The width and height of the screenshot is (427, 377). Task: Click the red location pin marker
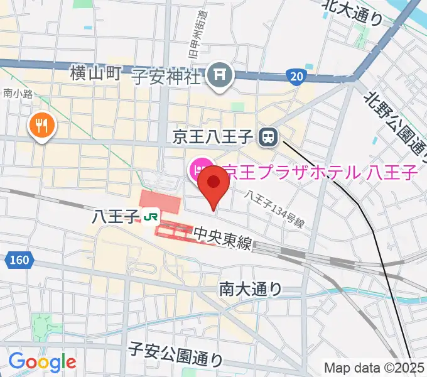[213, 183]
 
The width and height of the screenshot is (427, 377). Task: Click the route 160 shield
[18, 260]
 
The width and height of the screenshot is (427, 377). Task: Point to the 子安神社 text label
[166, 77]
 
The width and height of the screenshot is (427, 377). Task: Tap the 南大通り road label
[251, 288]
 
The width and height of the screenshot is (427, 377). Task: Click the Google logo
[42, 362]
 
